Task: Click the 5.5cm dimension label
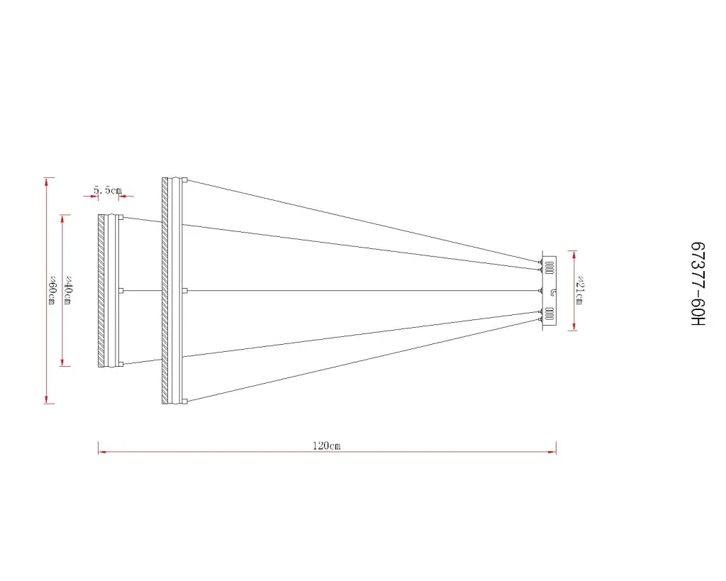[x=108, y=190]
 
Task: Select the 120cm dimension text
[x=326, y=446]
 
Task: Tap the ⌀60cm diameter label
[x=52, y=291]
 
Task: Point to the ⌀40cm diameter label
[x=67, y=291]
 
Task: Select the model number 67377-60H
[x=698, y=284]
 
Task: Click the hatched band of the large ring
[x=164, y=291]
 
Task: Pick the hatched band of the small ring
[x=101, y=291]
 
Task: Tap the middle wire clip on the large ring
[x=185, y=291]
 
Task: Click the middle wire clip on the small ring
[x=121, y=291]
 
